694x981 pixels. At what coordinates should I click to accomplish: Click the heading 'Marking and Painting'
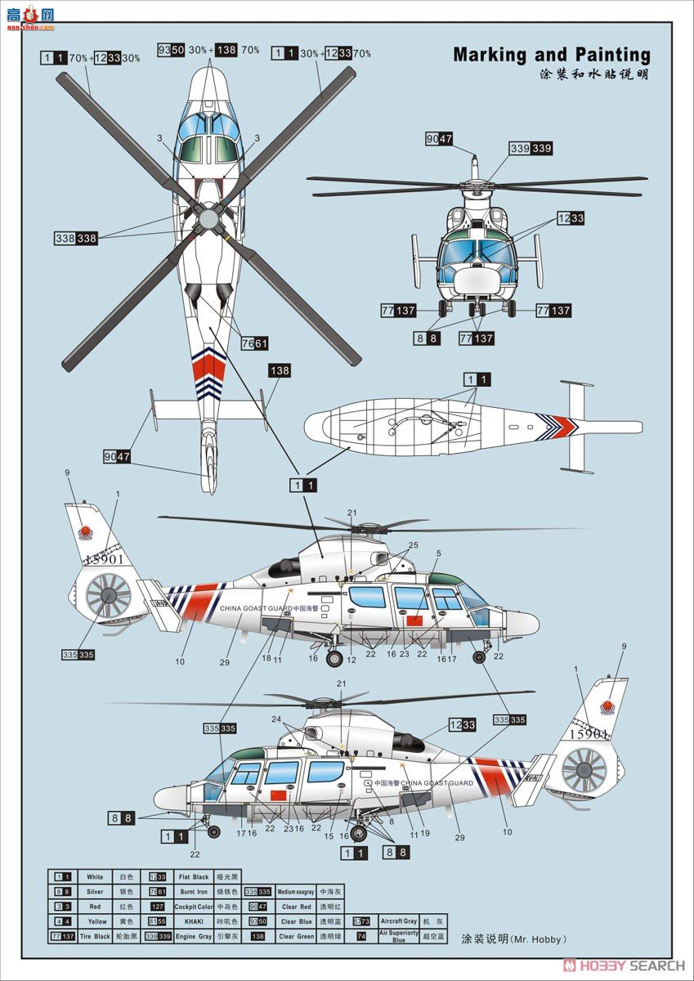point(552,56)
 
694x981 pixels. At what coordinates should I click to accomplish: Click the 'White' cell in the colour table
point(96,877)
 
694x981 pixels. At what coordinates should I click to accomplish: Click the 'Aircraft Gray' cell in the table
point(398,921)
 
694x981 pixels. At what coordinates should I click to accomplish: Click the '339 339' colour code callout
point(531,149)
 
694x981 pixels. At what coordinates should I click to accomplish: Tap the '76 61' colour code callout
point(254,343)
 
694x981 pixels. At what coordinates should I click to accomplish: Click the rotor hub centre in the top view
point(208,219)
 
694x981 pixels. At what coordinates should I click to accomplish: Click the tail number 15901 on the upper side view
point(103,559)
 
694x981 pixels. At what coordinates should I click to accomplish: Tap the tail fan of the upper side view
point(109,594)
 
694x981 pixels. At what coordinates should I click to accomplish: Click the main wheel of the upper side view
point(334,658)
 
